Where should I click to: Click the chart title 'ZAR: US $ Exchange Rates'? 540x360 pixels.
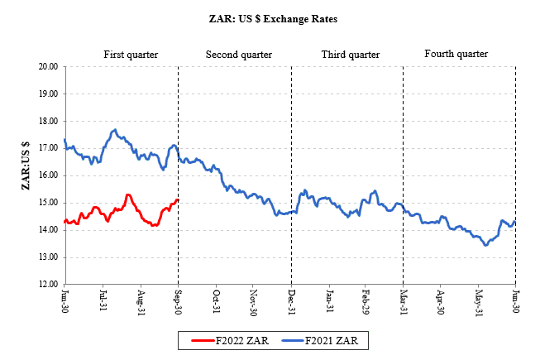[269, 17]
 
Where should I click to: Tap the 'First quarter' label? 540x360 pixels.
[131, 55]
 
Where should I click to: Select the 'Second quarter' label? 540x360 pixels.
[238, 55]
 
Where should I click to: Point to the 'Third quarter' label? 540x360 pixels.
[350, 55]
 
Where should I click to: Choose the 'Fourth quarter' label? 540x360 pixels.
[456, 55]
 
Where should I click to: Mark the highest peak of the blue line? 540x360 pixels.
[115, 130]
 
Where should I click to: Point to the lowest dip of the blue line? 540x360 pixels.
[486, 245]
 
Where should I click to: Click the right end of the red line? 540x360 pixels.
[178, 199]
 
